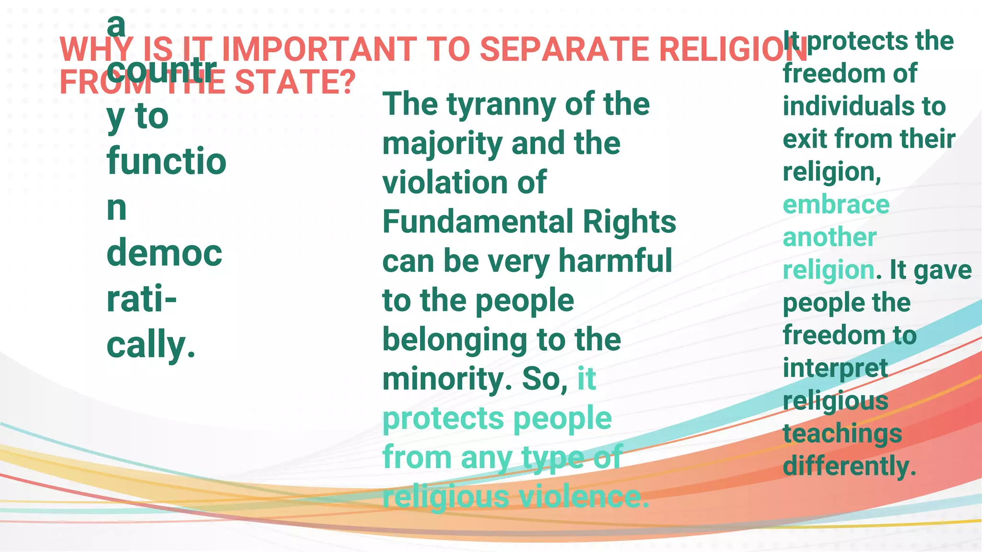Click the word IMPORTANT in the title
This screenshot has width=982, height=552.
(319, 49)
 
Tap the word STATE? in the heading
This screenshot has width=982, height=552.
(295, 82)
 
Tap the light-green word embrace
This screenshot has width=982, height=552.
(836, 205)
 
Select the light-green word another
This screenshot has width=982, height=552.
(830, 237)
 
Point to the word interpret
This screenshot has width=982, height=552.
(835, 368)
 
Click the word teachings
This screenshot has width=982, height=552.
(842, 434)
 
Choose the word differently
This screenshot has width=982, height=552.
(849, 466)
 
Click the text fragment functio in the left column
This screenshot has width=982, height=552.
(166, 161)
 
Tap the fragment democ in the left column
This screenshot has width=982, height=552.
(164, 253)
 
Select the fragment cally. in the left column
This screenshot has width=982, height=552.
(151, 345)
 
